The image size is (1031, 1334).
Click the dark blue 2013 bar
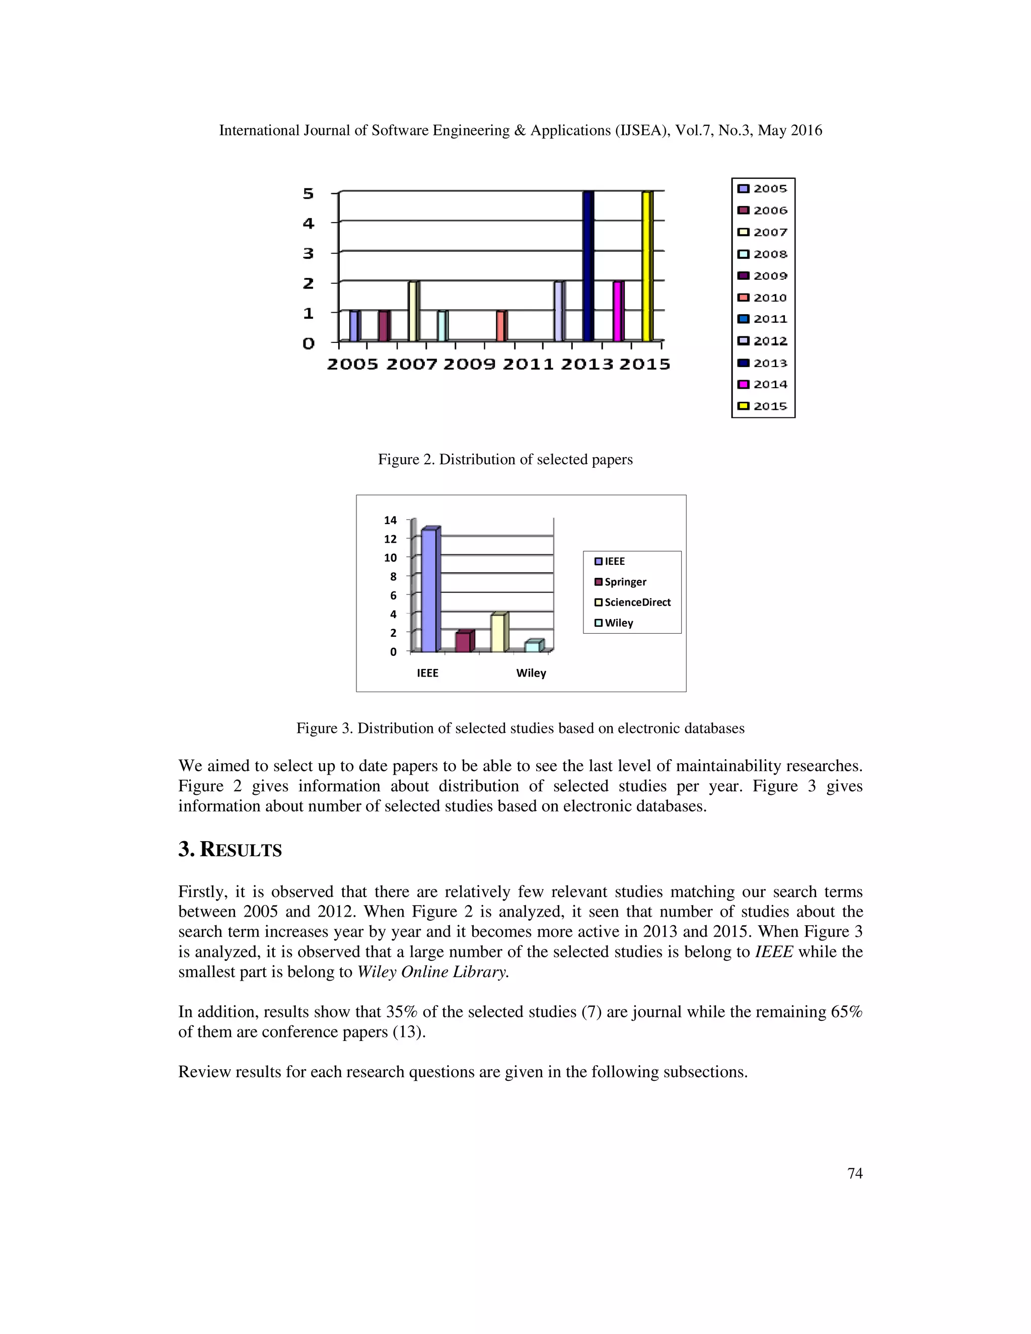pyautogui.click(x=587, y=266)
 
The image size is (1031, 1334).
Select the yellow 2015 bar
pyautogui.click(x=647, y=266)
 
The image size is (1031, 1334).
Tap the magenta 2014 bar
pyautogui.click(x=618, y=311)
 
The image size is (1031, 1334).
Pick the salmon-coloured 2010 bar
pyautogui.click(x=501, y=326)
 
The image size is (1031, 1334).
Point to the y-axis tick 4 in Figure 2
pyautogui.click(x=309, y=224)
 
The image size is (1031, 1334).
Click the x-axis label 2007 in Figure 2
pyautogui.click(x=412, y=364)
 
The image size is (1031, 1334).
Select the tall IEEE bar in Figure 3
pyautogui.click(x=430, y=589)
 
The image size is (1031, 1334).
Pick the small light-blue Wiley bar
pyautogui.click(x=533, y=646)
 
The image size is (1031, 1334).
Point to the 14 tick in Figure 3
pyautogui.click(x=390, y=521)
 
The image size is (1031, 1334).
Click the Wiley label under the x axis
pyautogui.click(x=531, y=673)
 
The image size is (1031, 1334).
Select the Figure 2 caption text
pyautogui.click(x=505, y=459)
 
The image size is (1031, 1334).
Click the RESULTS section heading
pyautogui.click(x=230, y=850)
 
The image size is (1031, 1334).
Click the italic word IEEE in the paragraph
pyautogui.click(x=774, y=951)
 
